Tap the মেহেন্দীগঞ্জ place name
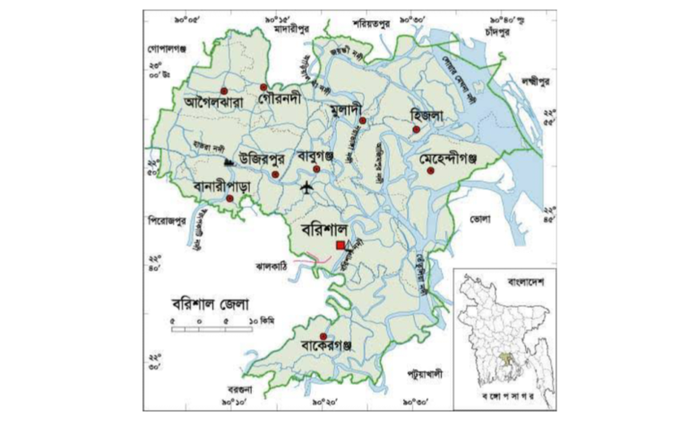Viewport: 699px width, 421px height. click(x=459, y=158)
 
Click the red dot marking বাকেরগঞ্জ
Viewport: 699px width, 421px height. click(x=323, y=336)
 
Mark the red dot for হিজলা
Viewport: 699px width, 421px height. click(x=416, y=131)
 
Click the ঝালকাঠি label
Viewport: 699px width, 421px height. click(x=272, y=267)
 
